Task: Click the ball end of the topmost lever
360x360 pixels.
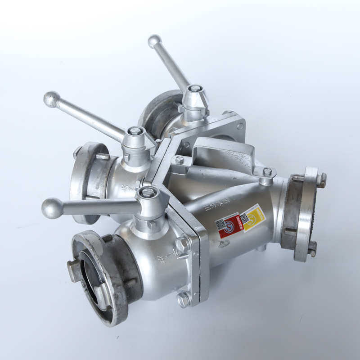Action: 154,41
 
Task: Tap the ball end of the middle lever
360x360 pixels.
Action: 51,99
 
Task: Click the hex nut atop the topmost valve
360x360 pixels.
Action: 195,89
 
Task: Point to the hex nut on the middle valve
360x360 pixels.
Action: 135,131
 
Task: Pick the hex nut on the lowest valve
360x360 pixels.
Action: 148,193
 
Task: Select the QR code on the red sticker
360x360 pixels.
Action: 220,224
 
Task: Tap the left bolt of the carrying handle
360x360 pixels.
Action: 180,160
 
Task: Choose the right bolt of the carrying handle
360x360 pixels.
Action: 267,172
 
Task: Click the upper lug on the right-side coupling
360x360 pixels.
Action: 321,180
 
